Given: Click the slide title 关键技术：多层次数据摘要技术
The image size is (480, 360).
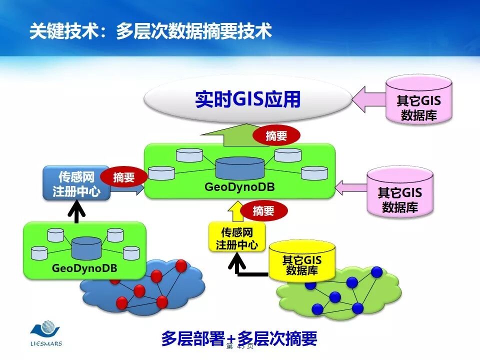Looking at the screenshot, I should tap(150, 31).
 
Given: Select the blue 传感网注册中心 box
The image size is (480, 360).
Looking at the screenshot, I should tap(76, 183).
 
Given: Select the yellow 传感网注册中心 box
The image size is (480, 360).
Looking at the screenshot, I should tap(237, 238).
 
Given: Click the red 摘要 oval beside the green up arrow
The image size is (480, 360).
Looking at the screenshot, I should tap(276, 135).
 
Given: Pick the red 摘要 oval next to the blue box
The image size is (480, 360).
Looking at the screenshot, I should tap(124, 177).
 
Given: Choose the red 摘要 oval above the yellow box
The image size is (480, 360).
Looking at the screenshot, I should tap(263, 210).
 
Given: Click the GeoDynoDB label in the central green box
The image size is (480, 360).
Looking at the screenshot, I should tap(239, 187).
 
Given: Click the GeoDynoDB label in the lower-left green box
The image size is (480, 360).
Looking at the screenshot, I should tap(84, 268).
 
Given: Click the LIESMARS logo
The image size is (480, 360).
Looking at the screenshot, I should tap(45, 334).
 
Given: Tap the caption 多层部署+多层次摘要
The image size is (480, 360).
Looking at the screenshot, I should tap(239, 338).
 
